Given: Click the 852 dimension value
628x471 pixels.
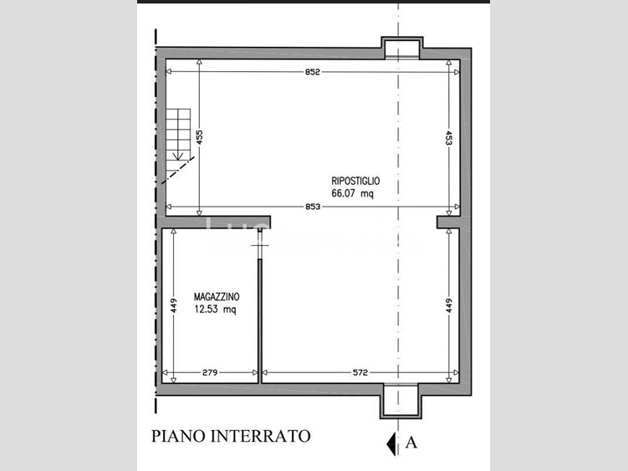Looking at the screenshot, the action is [313, 72].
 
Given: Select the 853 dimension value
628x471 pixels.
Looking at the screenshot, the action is [313, 207].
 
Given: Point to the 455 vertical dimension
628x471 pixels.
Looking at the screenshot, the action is [200, 136].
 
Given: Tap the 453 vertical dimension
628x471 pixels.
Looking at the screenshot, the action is [448, 138].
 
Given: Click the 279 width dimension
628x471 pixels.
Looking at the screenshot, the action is [210, 372].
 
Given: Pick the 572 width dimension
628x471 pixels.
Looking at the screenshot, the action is [360, 372].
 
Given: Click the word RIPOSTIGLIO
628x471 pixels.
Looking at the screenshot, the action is [355, 182].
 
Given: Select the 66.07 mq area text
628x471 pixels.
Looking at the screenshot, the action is [352, 193].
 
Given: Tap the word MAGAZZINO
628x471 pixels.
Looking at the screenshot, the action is [217, 297].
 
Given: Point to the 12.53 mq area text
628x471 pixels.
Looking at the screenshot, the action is [215, 310].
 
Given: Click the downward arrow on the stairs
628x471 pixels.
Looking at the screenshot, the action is [178, 154].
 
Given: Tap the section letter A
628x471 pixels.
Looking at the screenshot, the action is [411, 443].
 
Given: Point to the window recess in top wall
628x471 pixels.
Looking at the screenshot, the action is [402, 48].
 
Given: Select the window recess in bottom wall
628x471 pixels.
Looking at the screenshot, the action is [401, 401].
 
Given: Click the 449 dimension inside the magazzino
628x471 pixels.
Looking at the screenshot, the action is [173, 305].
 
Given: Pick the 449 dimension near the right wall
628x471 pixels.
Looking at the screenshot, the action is [448, 305].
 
